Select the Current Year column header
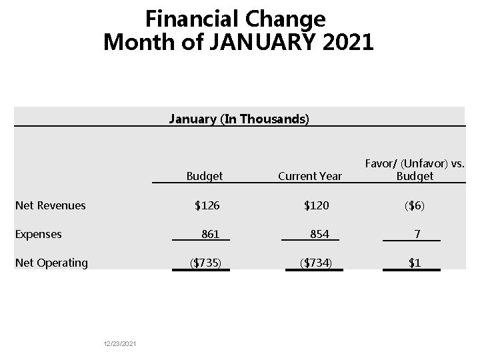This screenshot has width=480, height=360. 309,177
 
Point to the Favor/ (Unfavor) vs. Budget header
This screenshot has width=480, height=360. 415,170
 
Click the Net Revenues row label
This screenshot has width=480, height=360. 51,205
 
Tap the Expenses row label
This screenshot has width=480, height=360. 38,234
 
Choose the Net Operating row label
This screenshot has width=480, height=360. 51,263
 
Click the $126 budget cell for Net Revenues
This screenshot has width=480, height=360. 207,205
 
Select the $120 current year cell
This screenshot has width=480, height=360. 317,205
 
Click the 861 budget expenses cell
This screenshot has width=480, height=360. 211,234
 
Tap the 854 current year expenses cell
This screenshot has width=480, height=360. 320,234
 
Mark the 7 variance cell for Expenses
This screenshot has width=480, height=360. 416,234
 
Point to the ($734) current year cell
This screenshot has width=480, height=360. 314,263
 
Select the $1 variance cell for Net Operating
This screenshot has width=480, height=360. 414,263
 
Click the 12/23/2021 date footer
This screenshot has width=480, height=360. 121,343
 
